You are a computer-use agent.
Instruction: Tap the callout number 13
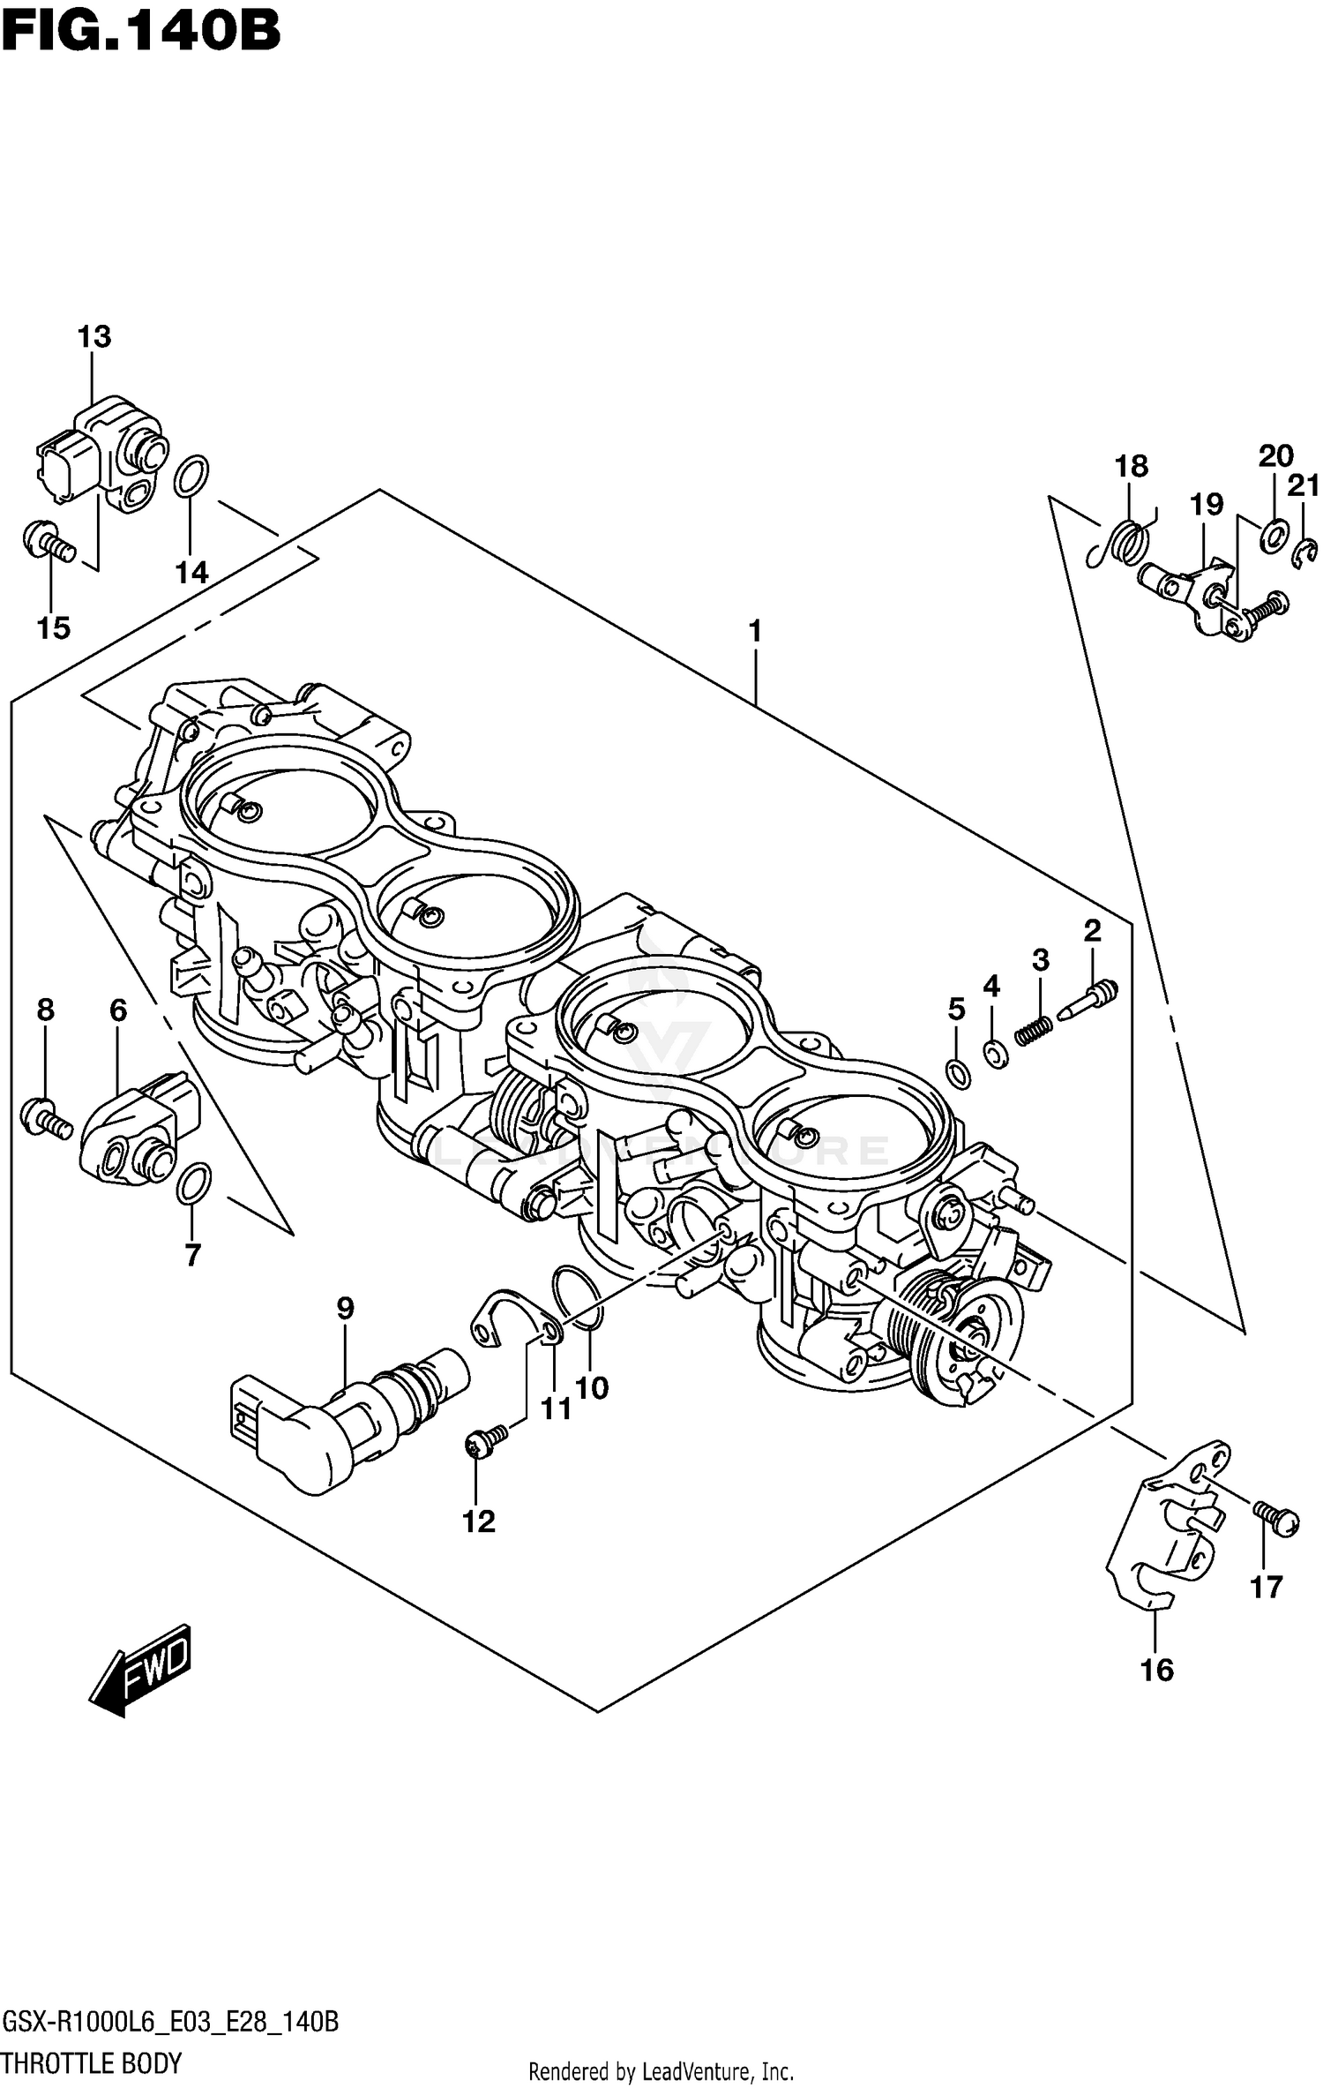coord(94,336)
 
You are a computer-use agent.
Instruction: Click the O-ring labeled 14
coord(191,477)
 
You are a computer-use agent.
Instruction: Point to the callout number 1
coord(754,631)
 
